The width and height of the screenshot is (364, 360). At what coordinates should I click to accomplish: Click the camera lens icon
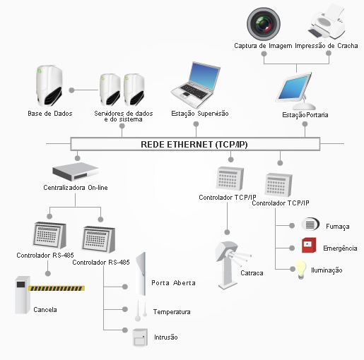[264, 24]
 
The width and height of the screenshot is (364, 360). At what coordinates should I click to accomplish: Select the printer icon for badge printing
[327, 22]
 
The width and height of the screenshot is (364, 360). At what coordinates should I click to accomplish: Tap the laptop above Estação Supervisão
[196, 85]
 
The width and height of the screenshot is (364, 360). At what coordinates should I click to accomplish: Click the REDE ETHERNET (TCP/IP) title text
[194, 144]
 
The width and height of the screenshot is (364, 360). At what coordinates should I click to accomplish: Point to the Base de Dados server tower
[49, 86]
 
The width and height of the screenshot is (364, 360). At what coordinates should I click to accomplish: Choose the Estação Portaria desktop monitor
[296, 91]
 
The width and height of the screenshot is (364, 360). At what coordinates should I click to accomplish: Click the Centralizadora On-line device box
[76, 172]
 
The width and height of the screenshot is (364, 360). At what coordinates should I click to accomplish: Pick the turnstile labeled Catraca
[230, 265]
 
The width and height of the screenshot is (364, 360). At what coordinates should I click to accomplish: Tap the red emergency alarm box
[309, 245]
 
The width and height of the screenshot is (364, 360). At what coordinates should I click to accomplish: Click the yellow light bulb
[301, 270]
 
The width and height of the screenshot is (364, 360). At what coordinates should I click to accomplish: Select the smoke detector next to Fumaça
[310, 224]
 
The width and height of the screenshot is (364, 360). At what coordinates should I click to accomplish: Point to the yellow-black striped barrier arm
[57, 288]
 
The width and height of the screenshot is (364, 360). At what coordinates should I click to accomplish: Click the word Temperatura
[172, 312]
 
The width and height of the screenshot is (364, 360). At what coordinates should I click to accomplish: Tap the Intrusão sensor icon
[140, 337]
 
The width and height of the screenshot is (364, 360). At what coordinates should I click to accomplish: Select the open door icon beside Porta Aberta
[141, 274]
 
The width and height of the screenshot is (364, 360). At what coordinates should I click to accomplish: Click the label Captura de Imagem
[263, 46]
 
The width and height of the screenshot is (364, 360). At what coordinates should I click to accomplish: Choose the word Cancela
[45, 309]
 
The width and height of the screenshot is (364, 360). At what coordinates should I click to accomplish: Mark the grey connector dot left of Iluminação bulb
[293, 269]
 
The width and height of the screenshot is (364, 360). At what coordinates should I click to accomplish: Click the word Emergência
[340, 248]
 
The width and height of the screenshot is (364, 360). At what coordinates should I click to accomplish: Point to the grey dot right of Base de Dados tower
[71, 90]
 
